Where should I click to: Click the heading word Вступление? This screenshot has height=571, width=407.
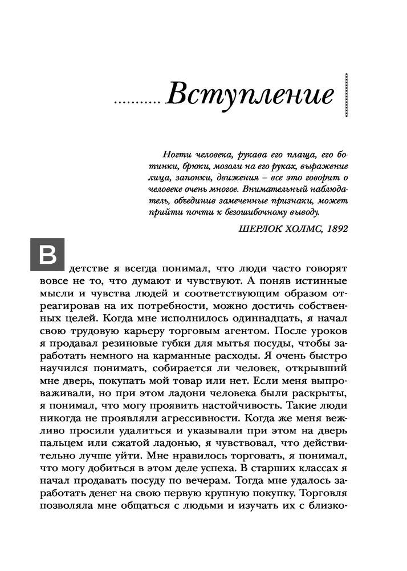pyautogui.click(x=249, y=95)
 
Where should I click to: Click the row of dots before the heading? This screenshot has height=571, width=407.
pyautogui.click(x=137, y=103)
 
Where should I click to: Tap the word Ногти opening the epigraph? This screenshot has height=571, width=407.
pyautogui.click(x=175, y=155)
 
